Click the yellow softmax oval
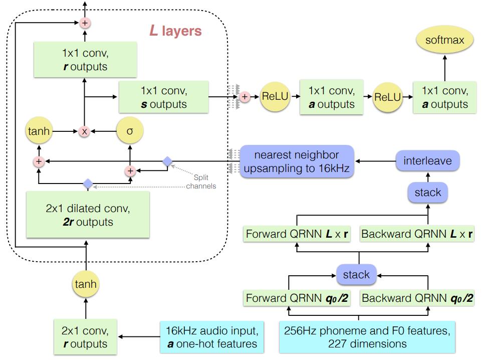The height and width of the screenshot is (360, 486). (445, 40)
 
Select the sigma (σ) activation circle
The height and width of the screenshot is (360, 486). (130, 131)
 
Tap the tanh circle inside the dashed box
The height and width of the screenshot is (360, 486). (39, 131)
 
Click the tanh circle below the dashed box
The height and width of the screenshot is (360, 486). (86, 284)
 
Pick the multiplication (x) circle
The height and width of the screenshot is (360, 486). (85, 131)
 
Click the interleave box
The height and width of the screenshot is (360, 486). (427, 161)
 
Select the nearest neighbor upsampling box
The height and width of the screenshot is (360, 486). (297, 161)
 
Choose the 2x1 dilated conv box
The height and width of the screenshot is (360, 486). (88, 215)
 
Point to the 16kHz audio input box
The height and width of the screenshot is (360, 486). (211, 337)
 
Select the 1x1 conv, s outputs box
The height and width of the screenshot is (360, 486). (163, 97)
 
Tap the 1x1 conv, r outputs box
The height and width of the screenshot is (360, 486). (85, 59)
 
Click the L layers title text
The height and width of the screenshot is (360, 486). (175, 31)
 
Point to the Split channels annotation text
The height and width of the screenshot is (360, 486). (201, 182)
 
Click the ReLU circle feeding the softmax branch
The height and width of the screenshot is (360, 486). (388, 97)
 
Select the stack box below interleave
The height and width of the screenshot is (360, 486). (427, 192)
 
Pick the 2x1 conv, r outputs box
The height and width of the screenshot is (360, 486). (85, 337)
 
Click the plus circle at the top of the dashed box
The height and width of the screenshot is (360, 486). (85, 23)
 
